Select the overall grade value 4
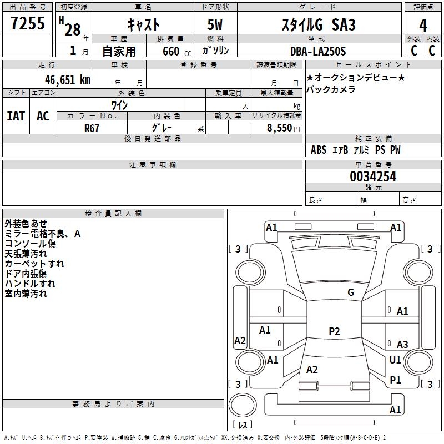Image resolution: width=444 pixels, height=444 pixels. pyautogui.click(x=423, y=25)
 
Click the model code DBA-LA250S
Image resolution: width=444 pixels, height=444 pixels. pyautogui.click(x=317, y=51)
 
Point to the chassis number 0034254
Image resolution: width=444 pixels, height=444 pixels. pyautogui.click(x=373, y=176)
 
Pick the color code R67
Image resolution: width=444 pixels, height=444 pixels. pyautogui.click(x=92, y=128)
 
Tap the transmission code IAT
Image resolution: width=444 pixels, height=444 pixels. pyautogui.click(x=16, y=115)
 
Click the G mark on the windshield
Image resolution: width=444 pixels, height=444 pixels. pyautogui.click(x=350, y=292)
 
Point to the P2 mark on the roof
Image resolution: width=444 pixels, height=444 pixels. pyautogui.click(x=334, y=331)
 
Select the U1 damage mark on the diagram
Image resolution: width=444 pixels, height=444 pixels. pyautogui.click(x=395, y=360)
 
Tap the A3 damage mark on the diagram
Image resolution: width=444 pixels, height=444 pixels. pyautogui.click(x=402, y=344)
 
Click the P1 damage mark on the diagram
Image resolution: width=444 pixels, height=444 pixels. pyautogui.click(x=395, y=380)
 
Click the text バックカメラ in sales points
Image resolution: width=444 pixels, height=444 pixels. pyautogui.click(x=331, y=89)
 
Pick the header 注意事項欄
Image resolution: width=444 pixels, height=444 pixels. pyautogui.click(x=153, y=165)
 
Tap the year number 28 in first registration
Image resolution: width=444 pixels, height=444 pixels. pyautogui.click(x=72, y=29)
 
